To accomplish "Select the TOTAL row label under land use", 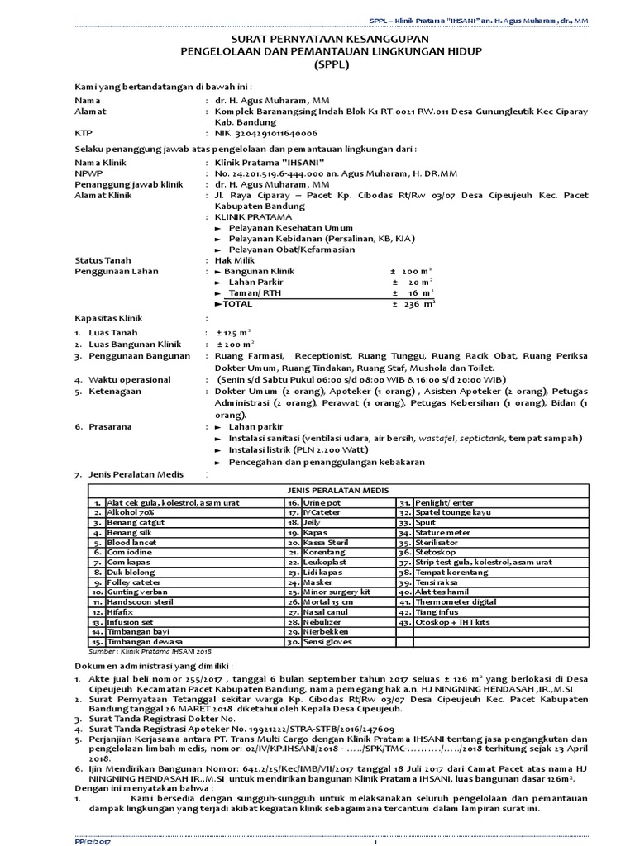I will click(239, 303).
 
